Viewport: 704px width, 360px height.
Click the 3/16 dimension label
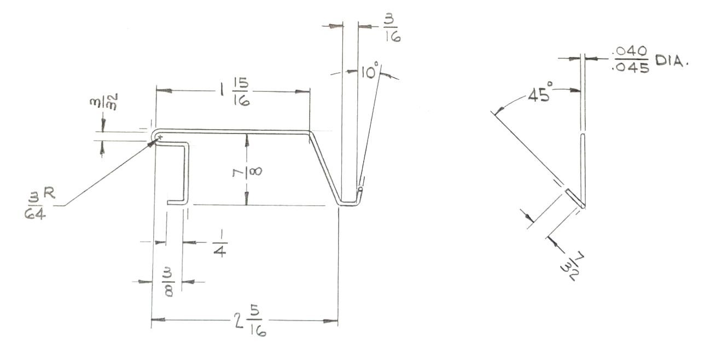[x=392, y=29]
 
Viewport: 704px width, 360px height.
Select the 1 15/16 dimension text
[x=235, y=92]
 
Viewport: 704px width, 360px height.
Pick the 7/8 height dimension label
[x=247, y=172]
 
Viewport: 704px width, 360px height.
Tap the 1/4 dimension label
[x=220, y=243]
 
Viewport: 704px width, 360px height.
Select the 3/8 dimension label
[x=168, y=282]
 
